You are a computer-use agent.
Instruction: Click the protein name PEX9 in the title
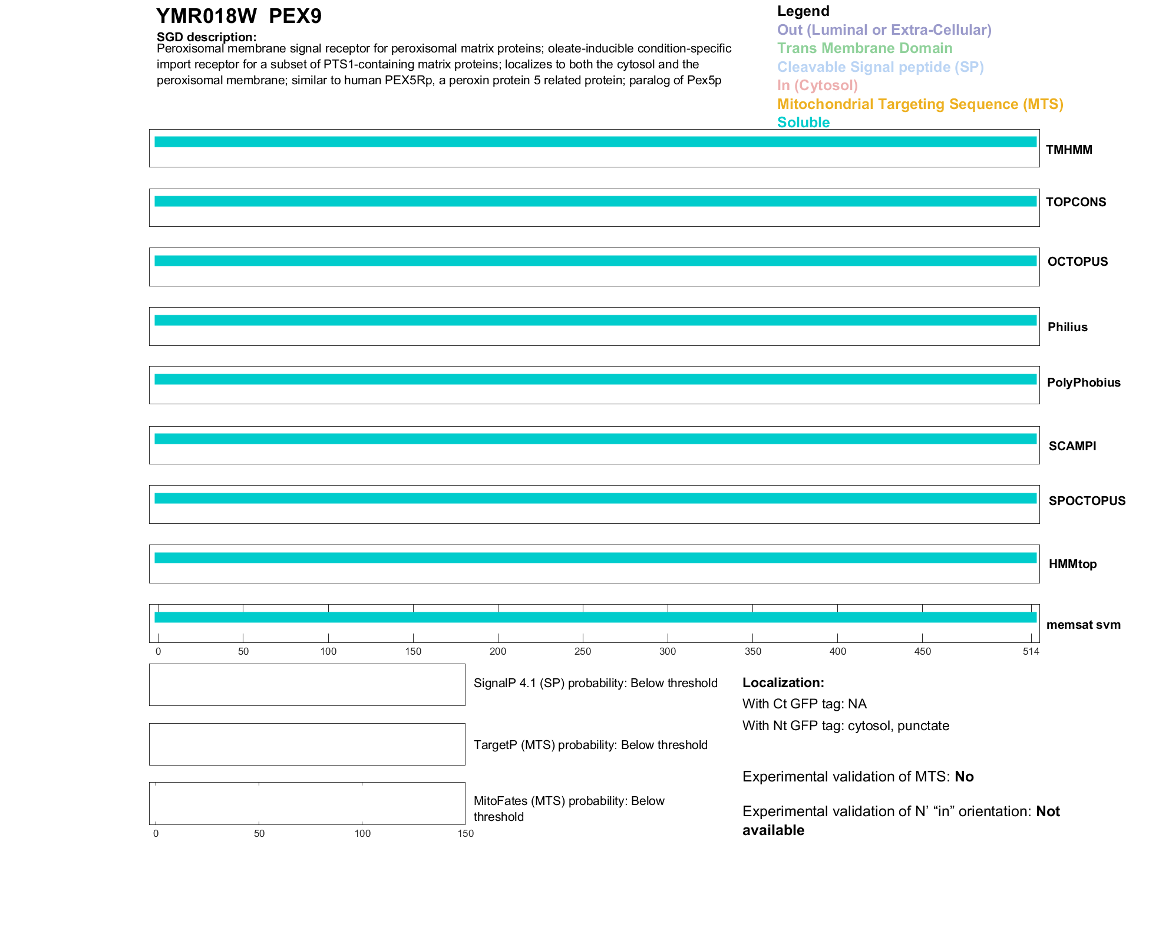295,17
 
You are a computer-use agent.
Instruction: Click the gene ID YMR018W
206,17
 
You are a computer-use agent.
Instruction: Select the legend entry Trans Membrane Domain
864,48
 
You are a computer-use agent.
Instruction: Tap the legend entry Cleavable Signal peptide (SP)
880,67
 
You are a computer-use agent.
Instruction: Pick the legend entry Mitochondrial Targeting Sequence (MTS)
920,104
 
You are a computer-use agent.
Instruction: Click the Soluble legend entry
803,123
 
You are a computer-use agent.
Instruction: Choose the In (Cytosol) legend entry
817,85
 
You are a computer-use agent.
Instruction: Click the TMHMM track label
1069,150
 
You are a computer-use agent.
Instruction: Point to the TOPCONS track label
1076,202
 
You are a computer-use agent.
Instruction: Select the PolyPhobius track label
1084,382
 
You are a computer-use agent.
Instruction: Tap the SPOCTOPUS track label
1087,501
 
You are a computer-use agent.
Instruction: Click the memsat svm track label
1083,625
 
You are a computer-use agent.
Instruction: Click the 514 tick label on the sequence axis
1031,651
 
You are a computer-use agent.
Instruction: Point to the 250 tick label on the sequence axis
583,651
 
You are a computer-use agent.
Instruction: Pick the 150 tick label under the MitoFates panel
465,833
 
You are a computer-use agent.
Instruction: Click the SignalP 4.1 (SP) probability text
595,683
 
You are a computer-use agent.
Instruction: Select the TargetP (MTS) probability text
590,745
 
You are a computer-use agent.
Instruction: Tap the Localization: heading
783,682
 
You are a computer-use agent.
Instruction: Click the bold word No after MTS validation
964,777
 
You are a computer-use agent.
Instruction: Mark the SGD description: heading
206,37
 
